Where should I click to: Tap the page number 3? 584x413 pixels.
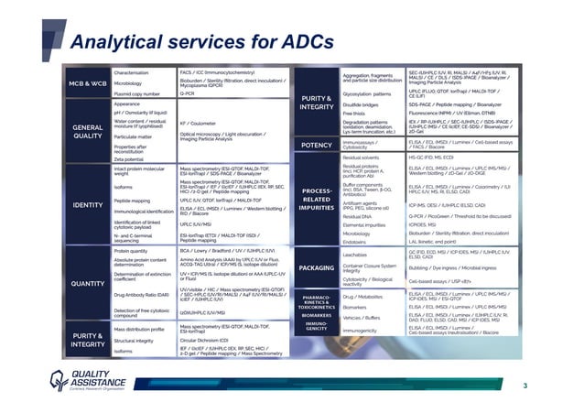(x=550, y=386)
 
